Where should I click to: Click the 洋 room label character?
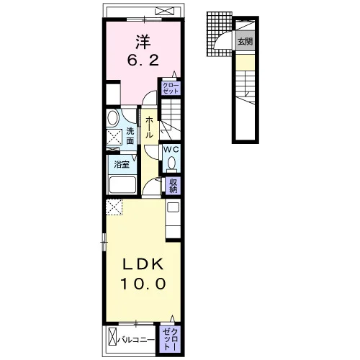143,42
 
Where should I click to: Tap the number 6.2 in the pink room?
143,60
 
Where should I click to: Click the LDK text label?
143,264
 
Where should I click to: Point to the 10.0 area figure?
143,284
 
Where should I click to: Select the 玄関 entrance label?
245,42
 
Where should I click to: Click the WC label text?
171,150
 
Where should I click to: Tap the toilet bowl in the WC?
171,163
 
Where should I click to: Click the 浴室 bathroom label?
122,165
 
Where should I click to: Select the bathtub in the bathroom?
122,185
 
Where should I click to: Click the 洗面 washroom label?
130,136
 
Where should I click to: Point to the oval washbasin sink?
113,118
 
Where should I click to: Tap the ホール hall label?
149,127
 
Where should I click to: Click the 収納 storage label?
173,186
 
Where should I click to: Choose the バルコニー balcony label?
136,340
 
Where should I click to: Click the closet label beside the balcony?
171,339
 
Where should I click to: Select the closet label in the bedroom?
171,88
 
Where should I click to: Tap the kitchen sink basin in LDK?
173,207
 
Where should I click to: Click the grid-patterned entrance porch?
219,34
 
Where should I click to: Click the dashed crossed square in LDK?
114,207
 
